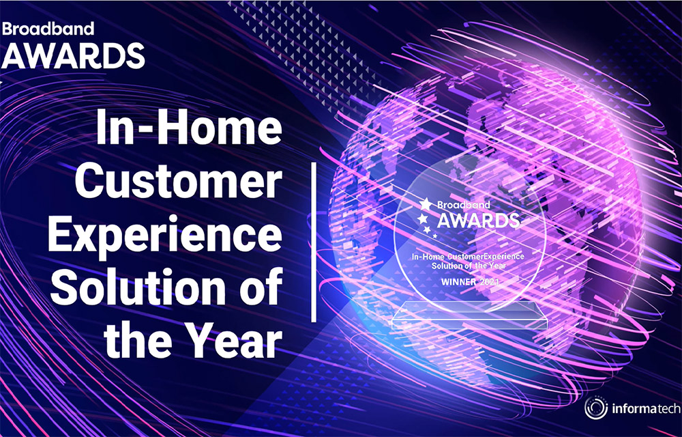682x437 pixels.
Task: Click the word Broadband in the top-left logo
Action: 48,29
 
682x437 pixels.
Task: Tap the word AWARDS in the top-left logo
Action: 73,56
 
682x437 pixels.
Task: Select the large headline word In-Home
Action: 189,127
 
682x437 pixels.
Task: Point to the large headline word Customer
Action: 178,180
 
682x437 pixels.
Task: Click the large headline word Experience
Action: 165,236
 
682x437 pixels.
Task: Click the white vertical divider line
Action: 314,242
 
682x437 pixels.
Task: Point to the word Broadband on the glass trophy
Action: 463,205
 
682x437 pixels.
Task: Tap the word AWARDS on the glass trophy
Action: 478,221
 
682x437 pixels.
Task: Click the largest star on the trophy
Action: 426,203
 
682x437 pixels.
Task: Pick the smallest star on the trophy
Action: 435,236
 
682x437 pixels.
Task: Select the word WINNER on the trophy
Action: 458,282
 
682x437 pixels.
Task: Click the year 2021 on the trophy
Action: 489,282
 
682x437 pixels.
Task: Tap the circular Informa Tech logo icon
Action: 596,408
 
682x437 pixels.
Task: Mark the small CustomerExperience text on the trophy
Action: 486,257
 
